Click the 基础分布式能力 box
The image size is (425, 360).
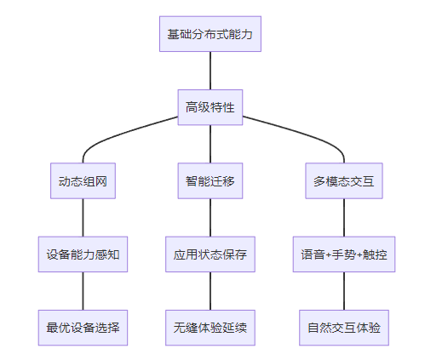click(210, 34)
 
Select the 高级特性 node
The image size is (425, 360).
click(210, 107)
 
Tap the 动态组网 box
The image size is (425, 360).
click(83, 180)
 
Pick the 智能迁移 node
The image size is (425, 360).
click(210, 180)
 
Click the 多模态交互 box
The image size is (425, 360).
click(344, 180)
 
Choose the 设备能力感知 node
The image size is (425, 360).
click(83, 254)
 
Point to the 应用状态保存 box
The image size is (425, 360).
click(210, 254)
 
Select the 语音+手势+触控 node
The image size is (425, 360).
click(344, 254)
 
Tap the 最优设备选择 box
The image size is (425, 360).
click(83, 328)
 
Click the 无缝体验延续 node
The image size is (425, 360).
click(210, 328)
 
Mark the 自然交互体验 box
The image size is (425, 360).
click(344, 328)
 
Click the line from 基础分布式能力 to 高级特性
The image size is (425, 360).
click(210, 71)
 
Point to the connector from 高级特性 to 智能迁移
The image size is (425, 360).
click(210, 144)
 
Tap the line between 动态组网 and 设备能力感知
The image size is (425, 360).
click(83, 218)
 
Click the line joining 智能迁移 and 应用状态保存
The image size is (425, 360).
click(210, 218)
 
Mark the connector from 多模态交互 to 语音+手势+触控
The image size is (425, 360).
click(344, 218)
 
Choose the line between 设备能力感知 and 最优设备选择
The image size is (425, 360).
click(83, 291)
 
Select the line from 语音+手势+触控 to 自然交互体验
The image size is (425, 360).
click(344, 291)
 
